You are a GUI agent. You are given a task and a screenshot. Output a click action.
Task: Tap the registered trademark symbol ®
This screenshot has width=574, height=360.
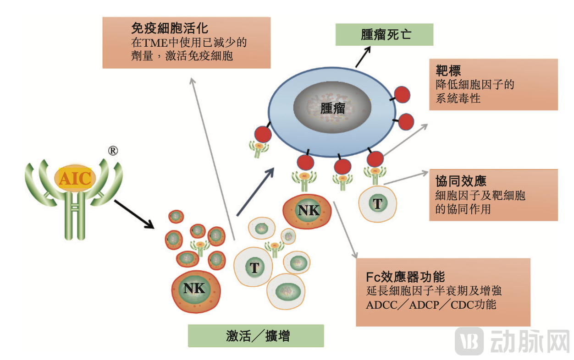pos(112,151)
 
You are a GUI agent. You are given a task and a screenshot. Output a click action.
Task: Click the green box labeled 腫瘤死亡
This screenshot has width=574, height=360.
pos(384,35)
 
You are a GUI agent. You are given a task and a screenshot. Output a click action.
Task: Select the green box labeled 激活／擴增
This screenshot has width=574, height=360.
pos(256,336)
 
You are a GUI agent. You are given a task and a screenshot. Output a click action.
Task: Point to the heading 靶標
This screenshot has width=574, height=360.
pos(448,71)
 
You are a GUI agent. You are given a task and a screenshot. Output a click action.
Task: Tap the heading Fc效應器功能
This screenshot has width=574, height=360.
pos(405,277)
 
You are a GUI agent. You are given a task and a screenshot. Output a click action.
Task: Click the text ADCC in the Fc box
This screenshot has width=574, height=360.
pos(381,305)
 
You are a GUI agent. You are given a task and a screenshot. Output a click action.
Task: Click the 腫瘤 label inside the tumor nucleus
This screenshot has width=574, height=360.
pos(333,109)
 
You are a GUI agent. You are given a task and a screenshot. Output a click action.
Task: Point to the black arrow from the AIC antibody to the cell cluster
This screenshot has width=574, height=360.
pos(133,214)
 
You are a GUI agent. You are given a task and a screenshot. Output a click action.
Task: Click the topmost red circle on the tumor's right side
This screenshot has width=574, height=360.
pos(402,94)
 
